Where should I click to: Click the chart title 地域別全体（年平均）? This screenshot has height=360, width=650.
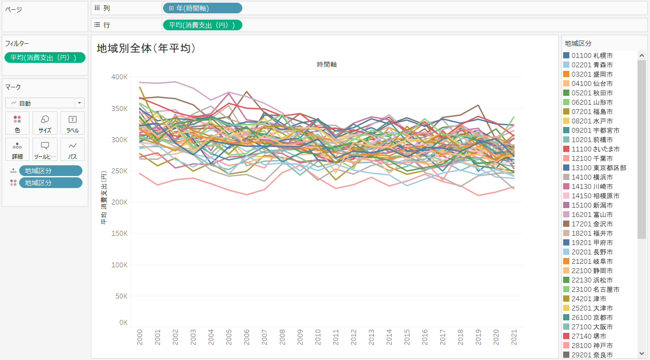coord(146,48)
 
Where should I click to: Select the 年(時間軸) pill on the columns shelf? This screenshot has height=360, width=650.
coord(203,8)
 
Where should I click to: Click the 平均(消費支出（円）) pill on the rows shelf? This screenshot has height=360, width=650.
coord(203,25)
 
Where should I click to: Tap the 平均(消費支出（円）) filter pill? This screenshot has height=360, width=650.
coord(45,57)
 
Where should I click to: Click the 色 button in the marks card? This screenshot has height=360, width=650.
coord(17,123)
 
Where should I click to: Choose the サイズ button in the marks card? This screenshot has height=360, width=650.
coord(45,123)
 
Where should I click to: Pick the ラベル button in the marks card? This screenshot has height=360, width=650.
coord(72,123)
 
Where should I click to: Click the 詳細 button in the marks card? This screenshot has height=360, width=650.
coord(17,149)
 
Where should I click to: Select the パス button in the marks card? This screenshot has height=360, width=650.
coord(72,149)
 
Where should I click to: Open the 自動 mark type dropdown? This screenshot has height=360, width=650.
coord(45,103)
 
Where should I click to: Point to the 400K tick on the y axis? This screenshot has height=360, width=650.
coord(119,77)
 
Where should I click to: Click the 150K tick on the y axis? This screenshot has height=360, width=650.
coord(119,233)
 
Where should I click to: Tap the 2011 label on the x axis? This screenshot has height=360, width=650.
coord(335,337)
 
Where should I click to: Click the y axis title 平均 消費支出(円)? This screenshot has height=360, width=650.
coord(103,199)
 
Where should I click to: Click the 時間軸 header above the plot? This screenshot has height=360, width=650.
coord(327,65)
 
